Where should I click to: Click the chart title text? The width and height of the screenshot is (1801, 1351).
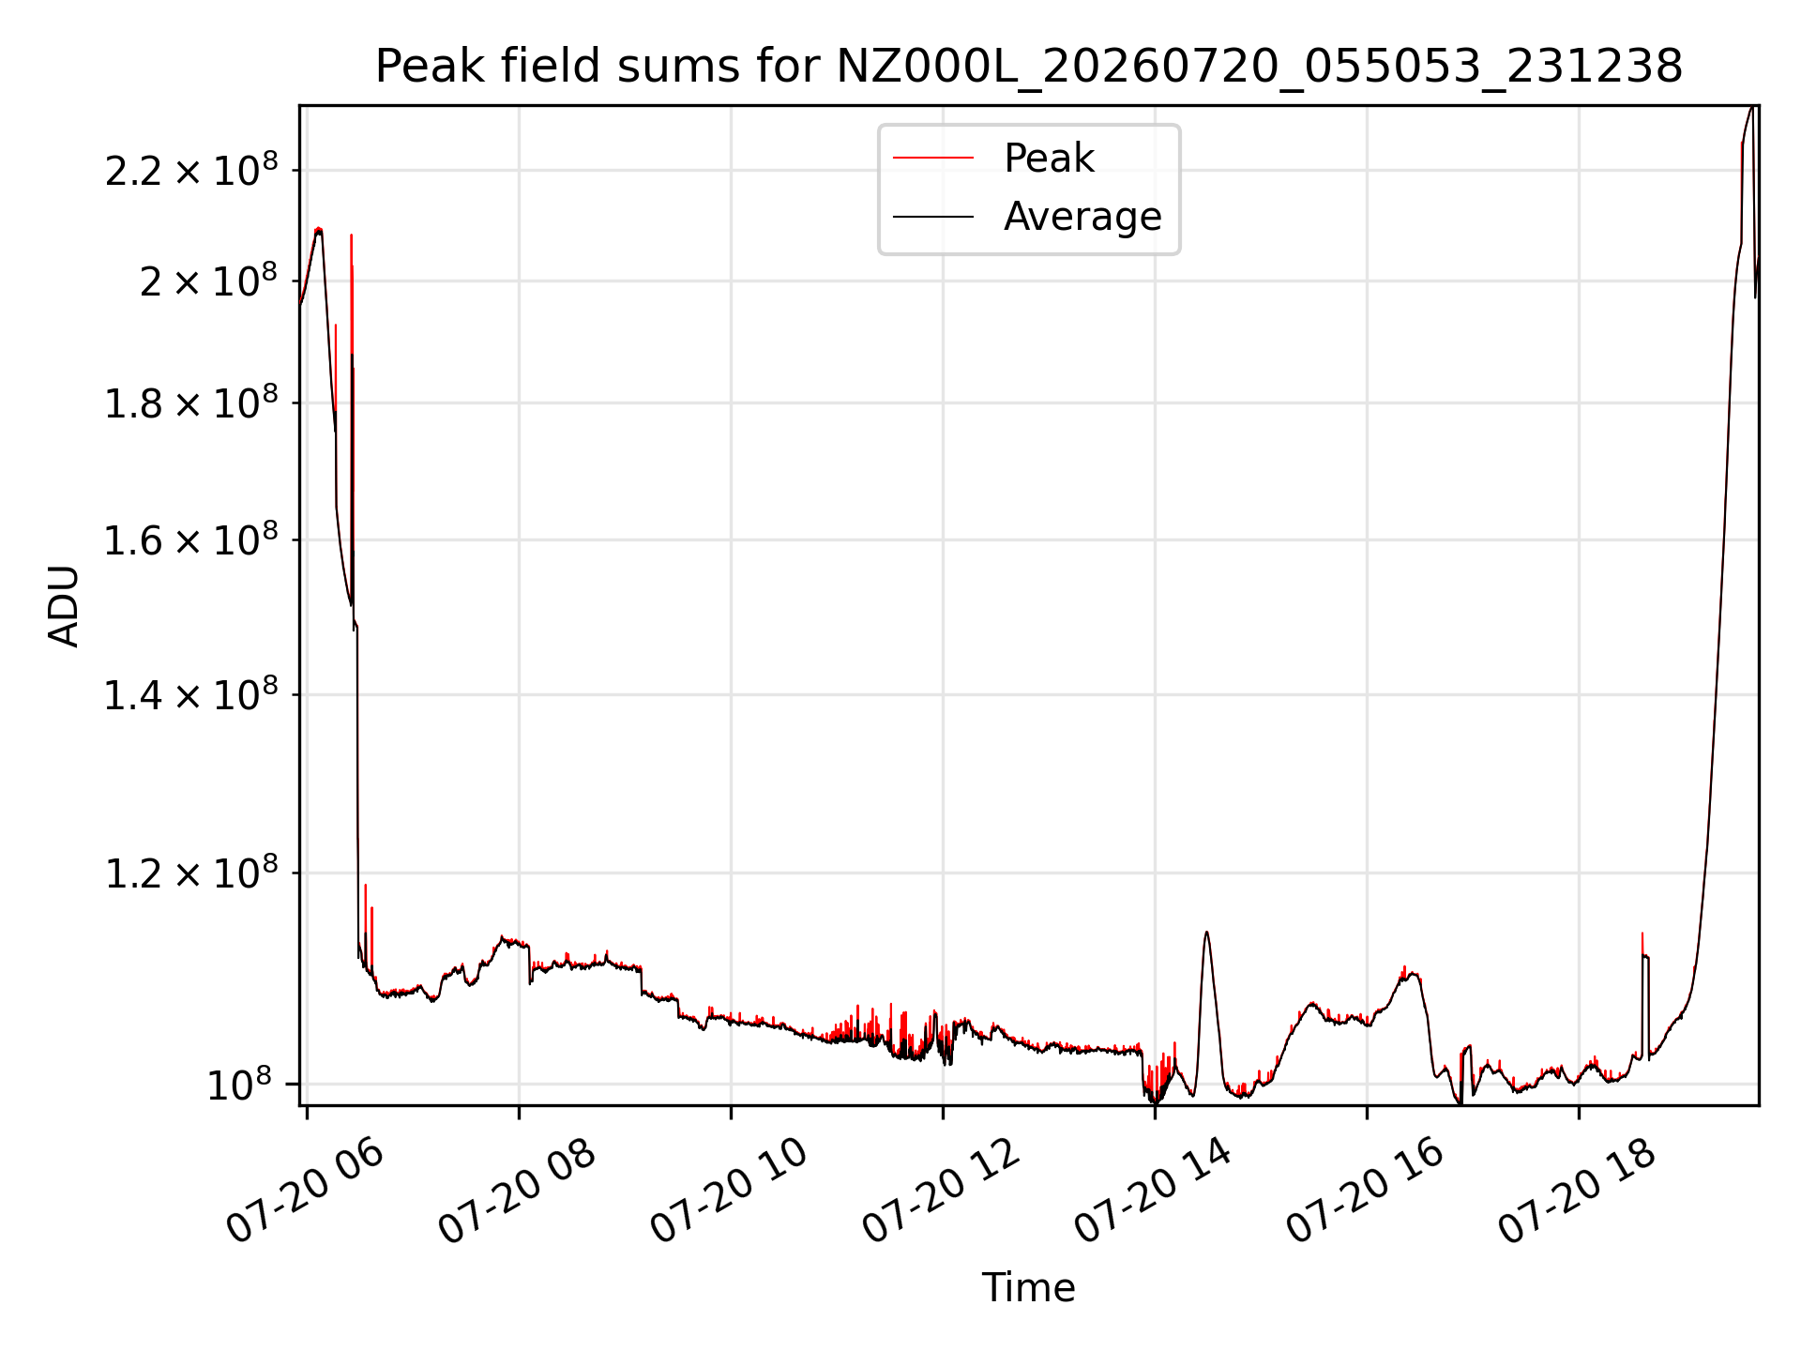[x=1029, y=67]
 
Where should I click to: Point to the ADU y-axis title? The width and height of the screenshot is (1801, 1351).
[x=64, y=606]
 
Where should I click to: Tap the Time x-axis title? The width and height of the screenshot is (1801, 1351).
[x=1029, y=1287]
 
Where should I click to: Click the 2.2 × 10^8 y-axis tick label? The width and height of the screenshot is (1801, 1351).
[x=191, y=170]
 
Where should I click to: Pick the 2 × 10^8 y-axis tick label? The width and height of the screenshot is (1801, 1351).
[x=208, y=281]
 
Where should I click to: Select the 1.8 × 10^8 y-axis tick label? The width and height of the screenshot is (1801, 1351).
[x=191, y=403]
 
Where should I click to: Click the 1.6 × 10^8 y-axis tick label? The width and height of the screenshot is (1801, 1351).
[x=191, y=540]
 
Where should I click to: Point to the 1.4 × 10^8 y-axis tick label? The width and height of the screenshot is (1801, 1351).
[x=191, y=695]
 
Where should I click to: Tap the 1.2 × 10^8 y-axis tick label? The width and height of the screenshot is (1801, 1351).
[x=191, y=873]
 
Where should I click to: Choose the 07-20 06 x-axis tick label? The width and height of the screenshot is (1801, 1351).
[x=305, y=1191]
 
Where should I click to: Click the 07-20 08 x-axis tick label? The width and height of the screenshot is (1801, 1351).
[x=517, y=1191]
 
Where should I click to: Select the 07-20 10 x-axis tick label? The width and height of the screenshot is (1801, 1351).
[x=729, y=1191]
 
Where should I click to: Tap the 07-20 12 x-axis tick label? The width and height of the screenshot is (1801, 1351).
[x=941, y=1191]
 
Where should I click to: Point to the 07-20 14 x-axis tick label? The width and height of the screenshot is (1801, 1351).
[x=1153, y=1191]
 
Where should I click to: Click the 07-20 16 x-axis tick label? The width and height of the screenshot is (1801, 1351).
[x=1365, y=1191]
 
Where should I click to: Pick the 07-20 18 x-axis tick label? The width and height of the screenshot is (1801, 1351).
[x=1577, y=1191]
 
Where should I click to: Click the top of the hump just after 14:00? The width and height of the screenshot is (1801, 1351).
[x=1206, y=932]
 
